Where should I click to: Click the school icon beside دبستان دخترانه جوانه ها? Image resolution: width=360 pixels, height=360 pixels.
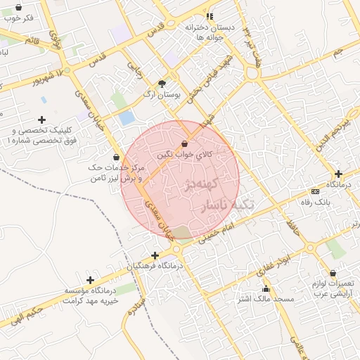[209, 16]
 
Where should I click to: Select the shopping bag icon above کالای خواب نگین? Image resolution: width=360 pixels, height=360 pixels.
[184, 143]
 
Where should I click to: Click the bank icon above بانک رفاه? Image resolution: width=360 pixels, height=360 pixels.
[315, 191]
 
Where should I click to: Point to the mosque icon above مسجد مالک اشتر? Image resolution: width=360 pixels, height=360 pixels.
[266, 288]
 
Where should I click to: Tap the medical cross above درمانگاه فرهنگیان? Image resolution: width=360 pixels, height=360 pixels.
[155, 255]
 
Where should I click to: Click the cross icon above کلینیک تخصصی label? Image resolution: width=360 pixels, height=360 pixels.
[42, 120]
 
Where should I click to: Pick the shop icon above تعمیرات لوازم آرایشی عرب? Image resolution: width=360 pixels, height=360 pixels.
[333, 274]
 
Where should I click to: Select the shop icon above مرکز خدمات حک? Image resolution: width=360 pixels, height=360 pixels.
[116, 157]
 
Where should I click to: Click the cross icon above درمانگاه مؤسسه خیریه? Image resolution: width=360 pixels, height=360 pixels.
[90, 280]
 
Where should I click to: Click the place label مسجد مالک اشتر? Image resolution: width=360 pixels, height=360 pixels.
[264, 299]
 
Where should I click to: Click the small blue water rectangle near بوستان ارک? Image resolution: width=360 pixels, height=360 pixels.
[127, 118]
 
